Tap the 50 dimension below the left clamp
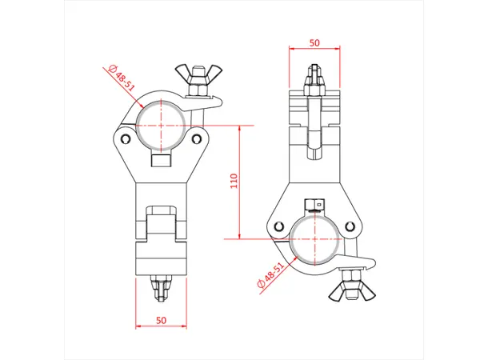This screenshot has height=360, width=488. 161,320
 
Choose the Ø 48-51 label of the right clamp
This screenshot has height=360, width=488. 270,276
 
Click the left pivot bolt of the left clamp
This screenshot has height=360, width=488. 126,141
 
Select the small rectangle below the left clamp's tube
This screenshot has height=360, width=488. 161,162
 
